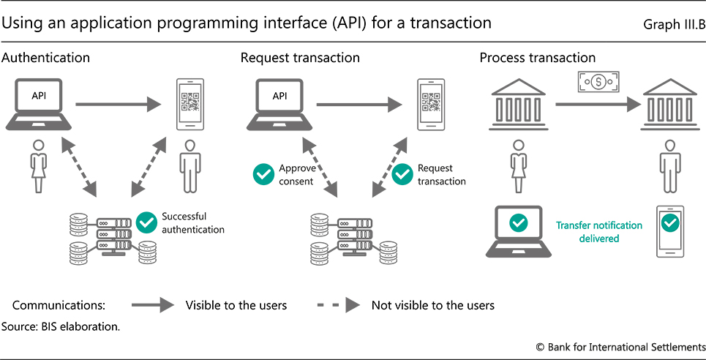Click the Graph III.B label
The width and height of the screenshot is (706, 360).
(674, 25)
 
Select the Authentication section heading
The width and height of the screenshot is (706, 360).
(46, 58)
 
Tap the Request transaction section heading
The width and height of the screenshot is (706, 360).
(300, 58)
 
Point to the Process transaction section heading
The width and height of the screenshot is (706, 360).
(538, 58)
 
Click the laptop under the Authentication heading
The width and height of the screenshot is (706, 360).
(38, 104)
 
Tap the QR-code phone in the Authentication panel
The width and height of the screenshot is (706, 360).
(189, 105)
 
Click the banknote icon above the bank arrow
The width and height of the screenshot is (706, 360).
(598, 80)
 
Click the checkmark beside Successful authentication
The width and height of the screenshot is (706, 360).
(147, 222)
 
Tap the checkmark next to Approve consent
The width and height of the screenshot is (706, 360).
(263, 174)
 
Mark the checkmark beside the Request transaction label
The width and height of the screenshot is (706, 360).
(402, 174)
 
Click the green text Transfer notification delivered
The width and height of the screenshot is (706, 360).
(599, 231)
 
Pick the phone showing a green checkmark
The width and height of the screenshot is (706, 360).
(669, 230)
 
